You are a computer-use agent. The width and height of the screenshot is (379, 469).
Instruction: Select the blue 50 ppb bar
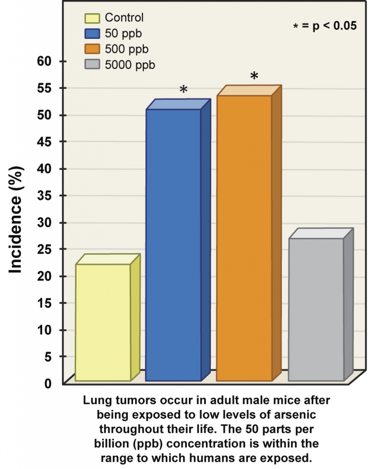point(174,245)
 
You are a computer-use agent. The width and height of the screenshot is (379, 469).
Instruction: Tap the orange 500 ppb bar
point(244,238)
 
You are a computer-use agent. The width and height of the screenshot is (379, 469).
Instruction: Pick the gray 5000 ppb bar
point(316,309)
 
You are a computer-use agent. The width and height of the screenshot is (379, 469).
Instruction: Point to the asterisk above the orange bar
point(254,76)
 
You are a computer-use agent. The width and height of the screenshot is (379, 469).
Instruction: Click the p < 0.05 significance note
point(324,26)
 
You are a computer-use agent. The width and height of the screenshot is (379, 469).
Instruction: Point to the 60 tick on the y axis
point(46,61)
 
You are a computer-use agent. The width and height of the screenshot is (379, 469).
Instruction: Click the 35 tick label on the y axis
point(46,196)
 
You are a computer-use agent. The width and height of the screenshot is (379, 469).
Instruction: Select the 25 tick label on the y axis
point(46,249)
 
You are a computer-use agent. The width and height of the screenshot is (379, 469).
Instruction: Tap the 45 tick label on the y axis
point(46,142)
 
